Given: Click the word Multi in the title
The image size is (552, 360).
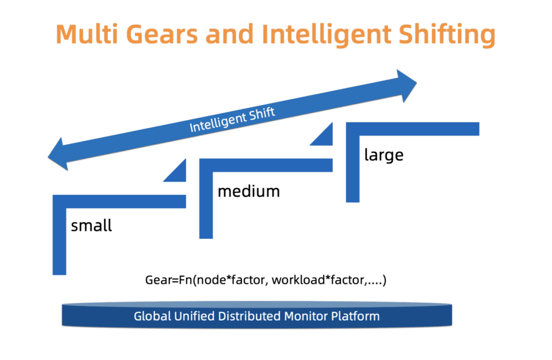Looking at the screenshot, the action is click(87, 34).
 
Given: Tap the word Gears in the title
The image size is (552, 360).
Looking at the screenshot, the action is click(162, 34).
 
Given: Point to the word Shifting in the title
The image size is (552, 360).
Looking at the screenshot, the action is click(447, 35).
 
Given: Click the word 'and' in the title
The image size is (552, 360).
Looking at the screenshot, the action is click(230, 34).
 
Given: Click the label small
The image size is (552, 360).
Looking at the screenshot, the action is click(91, 225).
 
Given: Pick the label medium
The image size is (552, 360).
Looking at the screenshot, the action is click(249, 191).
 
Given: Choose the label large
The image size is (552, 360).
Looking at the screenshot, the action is click(384, 155).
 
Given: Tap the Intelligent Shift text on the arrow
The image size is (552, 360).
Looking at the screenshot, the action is click(232, 120).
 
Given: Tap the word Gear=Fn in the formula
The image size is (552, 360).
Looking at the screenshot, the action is click(169, 280).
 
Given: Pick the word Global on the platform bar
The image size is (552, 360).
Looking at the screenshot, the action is click(152, 316).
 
